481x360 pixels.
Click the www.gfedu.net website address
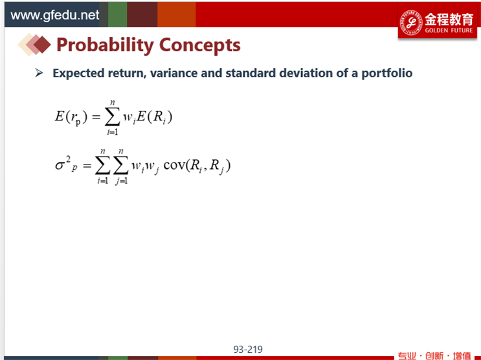(x=54, y=15)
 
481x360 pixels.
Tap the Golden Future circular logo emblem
(x=411, y=23)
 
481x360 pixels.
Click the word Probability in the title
(x=106, y=45)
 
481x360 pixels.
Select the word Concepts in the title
(x=199, y=45)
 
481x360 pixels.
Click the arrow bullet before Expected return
(x=39, y=73)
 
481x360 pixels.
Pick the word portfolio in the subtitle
(x=387, y=73)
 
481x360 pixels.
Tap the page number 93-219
(x=248, y=349)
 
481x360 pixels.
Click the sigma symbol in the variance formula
(x=59, y=166)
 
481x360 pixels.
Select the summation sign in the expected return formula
(x=112, y=117)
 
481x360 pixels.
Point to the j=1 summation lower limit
(x=122, y=181)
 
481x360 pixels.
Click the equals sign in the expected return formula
(x=96, y=117)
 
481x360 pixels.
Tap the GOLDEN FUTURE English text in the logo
(x=449, y=30)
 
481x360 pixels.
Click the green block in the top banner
(x=117, y=14)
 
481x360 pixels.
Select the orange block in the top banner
(x=177, y=14)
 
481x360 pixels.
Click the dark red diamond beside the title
(x=42, y=45)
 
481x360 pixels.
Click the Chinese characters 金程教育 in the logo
(x=449, y=19)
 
